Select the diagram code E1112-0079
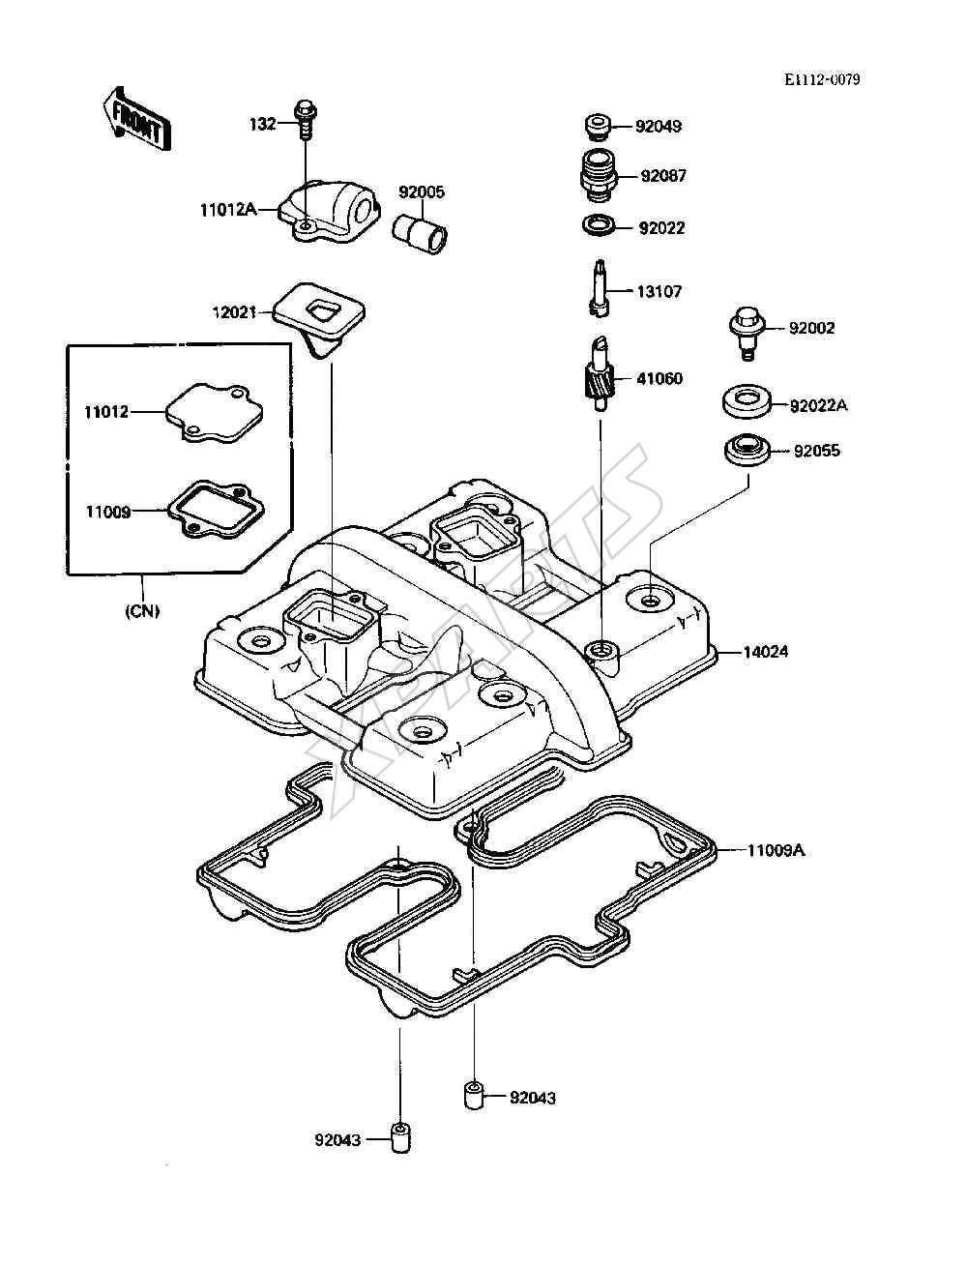coord(822,80)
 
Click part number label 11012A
coord(229,210)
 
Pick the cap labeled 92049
coord(599,127)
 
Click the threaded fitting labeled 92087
coord(600,175)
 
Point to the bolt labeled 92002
coord(748,334)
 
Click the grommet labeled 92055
coord(747,450)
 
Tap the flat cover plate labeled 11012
coord(215,413)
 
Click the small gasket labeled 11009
coord(216,510)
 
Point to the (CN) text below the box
coord(142,611)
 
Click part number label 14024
coord(765,653)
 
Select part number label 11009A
coord(776,850)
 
